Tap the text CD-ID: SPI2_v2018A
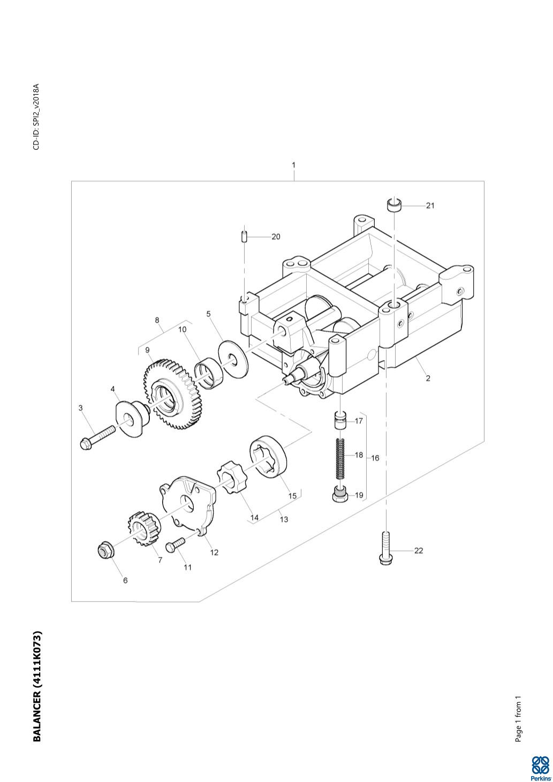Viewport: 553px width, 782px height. coord(36,117)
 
